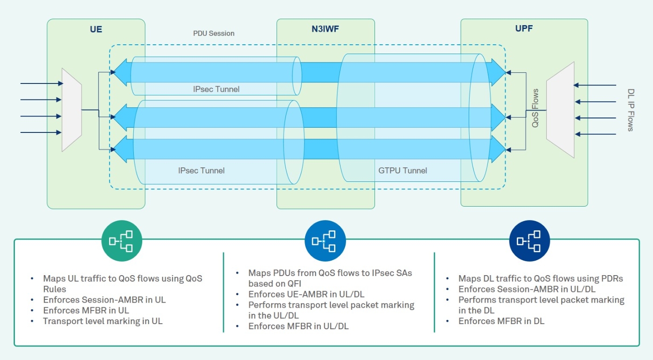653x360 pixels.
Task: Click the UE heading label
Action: pyautogui.click(x=96, y=29)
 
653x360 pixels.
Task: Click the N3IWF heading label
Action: pyautogui.click(x=326, y=29)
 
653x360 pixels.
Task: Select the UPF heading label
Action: pyautogui.click(x=524, y=28)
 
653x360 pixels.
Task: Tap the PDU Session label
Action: pyautogui.click(x=214, y=34)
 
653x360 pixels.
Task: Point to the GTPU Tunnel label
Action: pyautogui.click(x=403, y=171)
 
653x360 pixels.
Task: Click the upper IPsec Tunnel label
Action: pyautogui.click(x=216, y=89)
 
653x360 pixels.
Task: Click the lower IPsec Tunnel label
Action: pyautogui.click(x=201, y=171)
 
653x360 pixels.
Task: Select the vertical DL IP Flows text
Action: pyautogui.click(x=631, y=110)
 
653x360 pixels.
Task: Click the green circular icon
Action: pyautogui.click(x=121, y=241)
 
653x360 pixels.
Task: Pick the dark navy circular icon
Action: pyautogui.click(x=530, y=241)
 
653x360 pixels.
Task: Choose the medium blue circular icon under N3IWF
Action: pyautogui.click(x=325, y=241)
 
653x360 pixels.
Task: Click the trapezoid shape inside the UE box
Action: pyautogui.click(x=72, y=110)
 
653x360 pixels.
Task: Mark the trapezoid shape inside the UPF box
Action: pyautogui.click(x=560, y=110)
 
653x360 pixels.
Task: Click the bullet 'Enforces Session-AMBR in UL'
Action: pyautogui.click(x=104, y=299)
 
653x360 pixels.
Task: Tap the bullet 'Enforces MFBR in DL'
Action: pyautogui.click(x=501, y=321)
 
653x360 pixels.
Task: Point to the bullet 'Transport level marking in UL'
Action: pyautogui.click(x=103, y=321)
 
